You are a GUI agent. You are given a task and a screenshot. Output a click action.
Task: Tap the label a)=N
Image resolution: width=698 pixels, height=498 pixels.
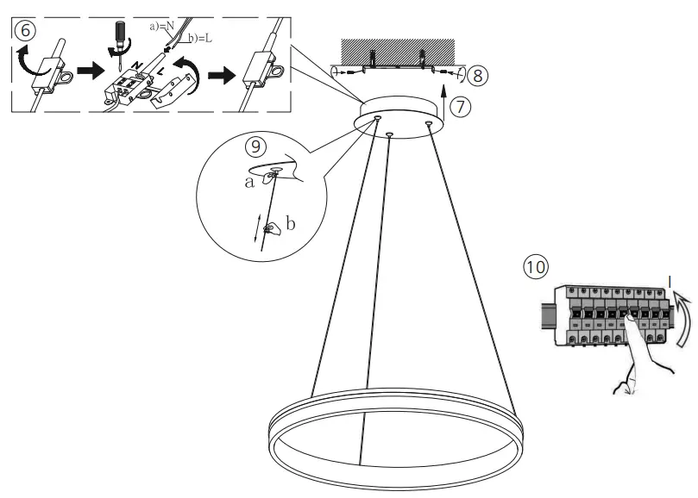tap(163, 27)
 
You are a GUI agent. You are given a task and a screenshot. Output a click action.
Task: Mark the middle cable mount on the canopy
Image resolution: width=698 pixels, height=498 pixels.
tap(390, 134)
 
